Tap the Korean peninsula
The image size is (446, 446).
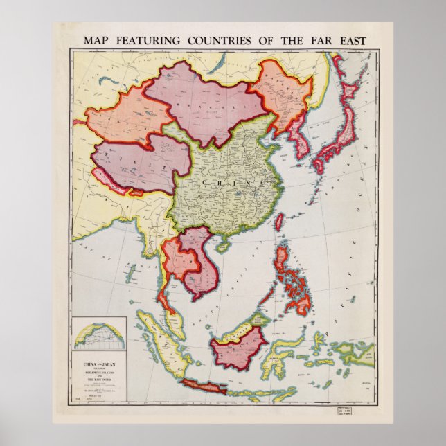coord(303,134)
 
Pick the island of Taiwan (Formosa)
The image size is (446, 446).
coord(279,222)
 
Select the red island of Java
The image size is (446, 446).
coord(205,385)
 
